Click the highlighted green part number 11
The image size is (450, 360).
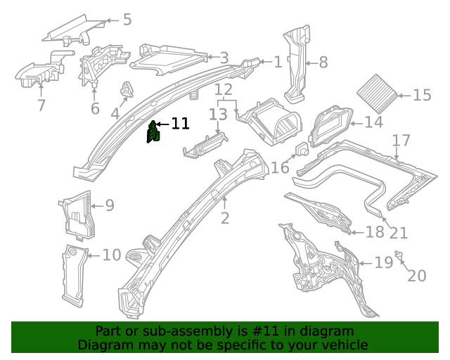[153, 131]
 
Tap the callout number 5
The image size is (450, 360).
[127, 19]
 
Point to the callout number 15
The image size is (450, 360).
[422, 95]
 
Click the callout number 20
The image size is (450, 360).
[416, 276]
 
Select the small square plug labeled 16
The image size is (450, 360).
[301, 150]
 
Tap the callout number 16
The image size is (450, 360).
[280, 167]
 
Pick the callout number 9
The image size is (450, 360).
[109, 205]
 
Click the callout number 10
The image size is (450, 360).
[112, 255]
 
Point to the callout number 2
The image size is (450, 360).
[224, 218]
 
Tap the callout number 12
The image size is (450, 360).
[223, 90]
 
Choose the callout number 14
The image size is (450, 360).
[373, 123]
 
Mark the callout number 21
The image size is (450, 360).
[398, 233]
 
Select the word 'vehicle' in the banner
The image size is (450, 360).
[345, 345]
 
